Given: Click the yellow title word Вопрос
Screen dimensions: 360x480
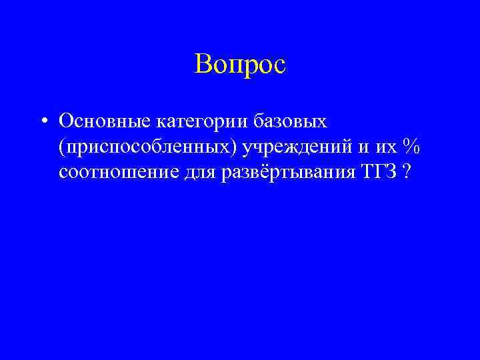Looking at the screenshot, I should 240,65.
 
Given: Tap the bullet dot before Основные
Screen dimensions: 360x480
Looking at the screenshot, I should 43,121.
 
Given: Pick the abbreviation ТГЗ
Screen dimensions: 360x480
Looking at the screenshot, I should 379,171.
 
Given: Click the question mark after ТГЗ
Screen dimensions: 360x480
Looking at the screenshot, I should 406,171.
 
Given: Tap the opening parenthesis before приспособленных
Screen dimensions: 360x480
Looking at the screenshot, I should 61,147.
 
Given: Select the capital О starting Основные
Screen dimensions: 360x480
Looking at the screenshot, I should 66,121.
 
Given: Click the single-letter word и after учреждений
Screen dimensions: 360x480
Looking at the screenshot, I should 369,147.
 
